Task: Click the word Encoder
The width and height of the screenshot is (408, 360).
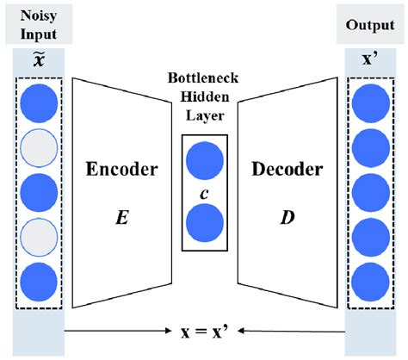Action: pyautogui.click(x=121, y=169)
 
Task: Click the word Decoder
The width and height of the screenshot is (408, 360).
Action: pyautogui.click(x=286, y=169)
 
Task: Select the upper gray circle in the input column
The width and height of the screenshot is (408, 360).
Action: pyautogui.click(x=40, y=146)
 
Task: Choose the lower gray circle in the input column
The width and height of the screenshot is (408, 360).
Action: pyautogui.click(x=40, y=233)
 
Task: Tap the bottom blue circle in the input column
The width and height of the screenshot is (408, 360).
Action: pyautogui.click(x=40, y=278)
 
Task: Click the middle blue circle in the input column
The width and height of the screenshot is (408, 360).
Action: pyautogui.click(x=40, y=190)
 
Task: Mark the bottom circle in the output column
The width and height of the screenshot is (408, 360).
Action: pyautogui.click(x=368, y=278)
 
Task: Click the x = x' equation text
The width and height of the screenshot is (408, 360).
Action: pyautogui.click(x=205, y=330)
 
